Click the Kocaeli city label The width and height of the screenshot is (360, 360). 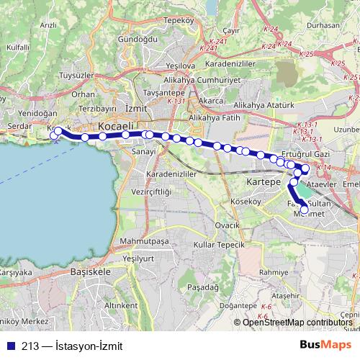pyautogui.click(x=115, y=126)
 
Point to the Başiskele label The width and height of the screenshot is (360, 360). pyautogui.click(x=90, y=272)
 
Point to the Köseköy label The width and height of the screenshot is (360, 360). pyautogui.click(x=246, y=202)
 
